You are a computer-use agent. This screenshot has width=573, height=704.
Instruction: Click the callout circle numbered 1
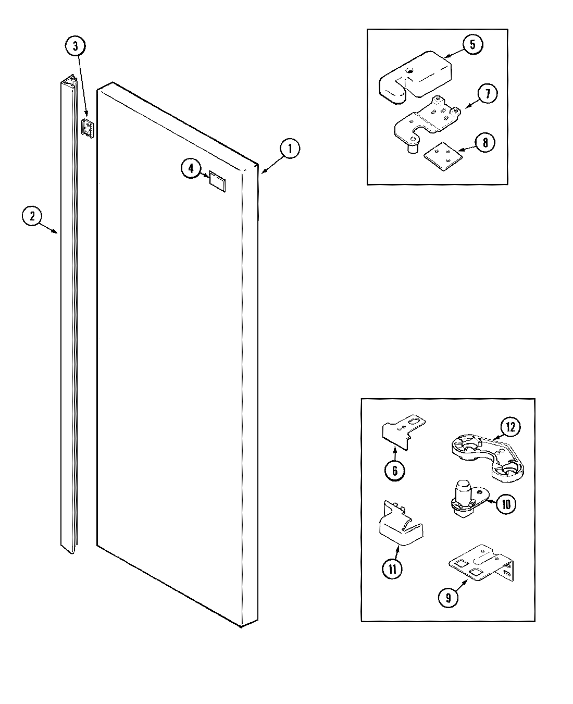[x=290, y=149]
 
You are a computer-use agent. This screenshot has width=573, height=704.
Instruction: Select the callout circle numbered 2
[x=32, y=216]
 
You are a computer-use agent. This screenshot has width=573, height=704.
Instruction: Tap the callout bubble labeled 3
[x=76, y=46]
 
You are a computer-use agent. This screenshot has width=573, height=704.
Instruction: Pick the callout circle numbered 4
[x=191, y=168]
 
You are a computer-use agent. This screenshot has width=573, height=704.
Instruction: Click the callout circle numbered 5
[x=472, y=44]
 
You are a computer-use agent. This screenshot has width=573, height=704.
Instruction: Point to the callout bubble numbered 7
[x=487, y=94]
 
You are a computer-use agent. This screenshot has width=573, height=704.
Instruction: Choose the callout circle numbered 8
[x=485, y=142]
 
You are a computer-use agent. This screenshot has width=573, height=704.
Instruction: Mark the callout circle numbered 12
[x=510, y=428]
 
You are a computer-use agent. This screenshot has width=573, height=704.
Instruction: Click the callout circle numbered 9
[x=448, y=597]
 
